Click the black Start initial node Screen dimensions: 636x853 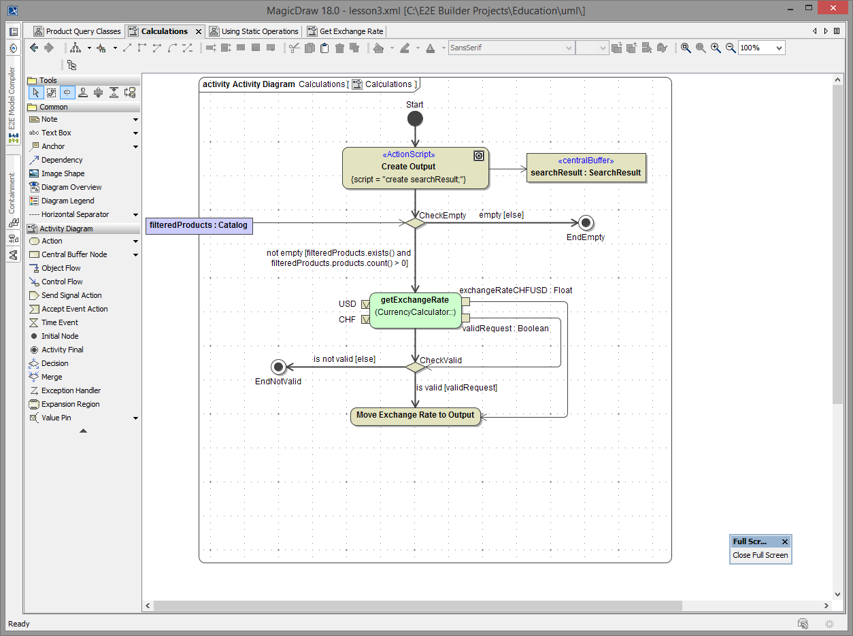point(415,119)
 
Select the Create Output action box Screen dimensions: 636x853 point(415,167)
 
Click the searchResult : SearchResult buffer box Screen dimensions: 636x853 point(586,167)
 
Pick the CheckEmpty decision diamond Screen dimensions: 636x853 point(415,222)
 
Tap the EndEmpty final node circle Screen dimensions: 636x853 point(586,222)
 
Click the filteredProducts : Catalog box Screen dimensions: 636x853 point(198,224)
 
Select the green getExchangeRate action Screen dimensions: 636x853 point(415,310)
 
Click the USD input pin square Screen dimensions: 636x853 point(365,304)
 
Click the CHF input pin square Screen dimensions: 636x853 point(365,319)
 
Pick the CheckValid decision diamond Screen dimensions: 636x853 point(415,367)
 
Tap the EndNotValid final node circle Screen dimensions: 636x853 point(278,367)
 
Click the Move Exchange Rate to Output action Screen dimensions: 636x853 point(415,416)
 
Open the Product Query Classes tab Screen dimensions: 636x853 point(77,31)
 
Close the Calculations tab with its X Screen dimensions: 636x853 point(199,31)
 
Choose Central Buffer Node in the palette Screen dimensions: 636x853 point(74,254)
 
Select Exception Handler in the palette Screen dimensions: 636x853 point(71,390)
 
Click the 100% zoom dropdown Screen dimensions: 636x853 point(761,48)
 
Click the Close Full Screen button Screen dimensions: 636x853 point(760,555)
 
